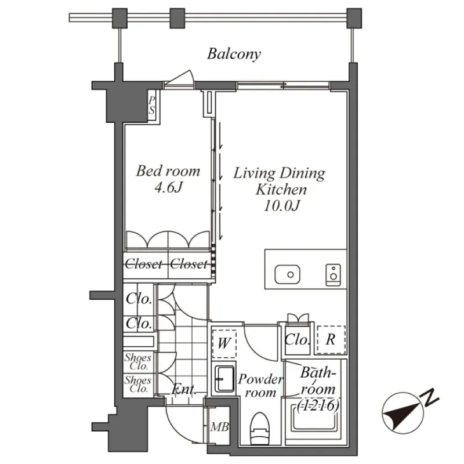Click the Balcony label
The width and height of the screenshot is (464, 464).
pos(234,55)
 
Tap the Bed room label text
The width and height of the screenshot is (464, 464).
pos(168,171)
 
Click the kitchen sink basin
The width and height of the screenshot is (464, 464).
pos(285,273)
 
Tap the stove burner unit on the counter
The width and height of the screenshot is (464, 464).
pos(333,274)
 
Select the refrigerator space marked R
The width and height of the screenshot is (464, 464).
pos(330,340)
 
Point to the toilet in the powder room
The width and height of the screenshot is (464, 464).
pos(258,429)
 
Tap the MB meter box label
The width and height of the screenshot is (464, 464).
pos(219,428)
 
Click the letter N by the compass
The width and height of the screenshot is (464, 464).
pos(430,398)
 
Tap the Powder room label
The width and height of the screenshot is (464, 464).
pos(260,386)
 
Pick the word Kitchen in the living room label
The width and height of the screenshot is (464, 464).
pos(282,189)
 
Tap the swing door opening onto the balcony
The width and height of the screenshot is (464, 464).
pos(179,80)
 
